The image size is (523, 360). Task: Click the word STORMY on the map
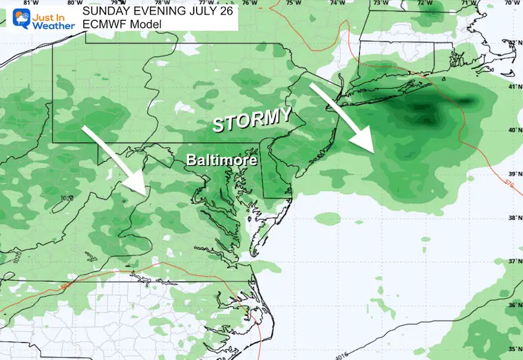point(250,120)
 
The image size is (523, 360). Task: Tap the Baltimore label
point(222,160)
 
